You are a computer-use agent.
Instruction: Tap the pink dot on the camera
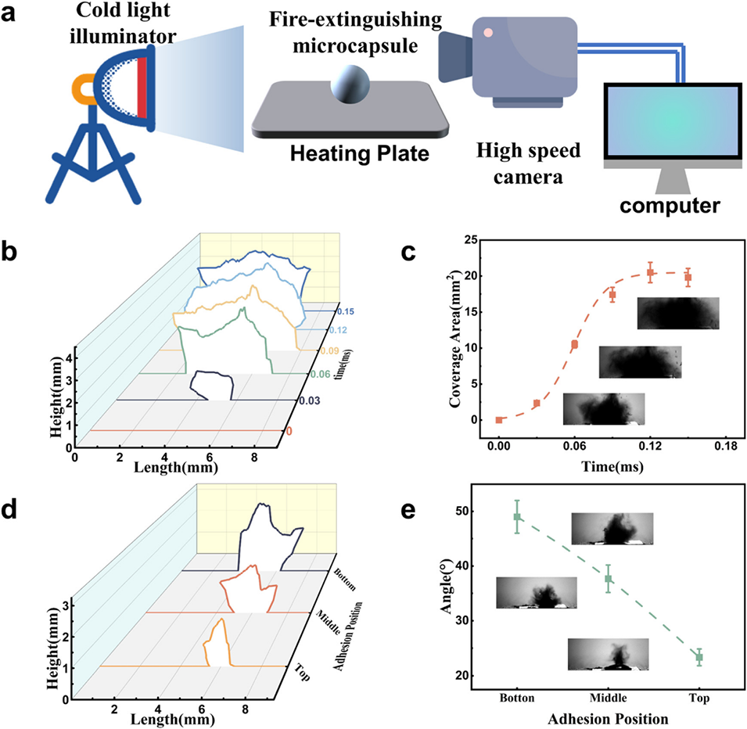tap(487, 33)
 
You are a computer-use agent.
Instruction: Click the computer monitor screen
tap(671, 120)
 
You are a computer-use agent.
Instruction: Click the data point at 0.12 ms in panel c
tap(650, 272)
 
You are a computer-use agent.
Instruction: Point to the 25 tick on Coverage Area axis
tap(470, 241)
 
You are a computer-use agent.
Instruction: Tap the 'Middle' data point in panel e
tap(608, 579)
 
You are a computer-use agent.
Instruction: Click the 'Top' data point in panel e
tap(699, 657)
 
